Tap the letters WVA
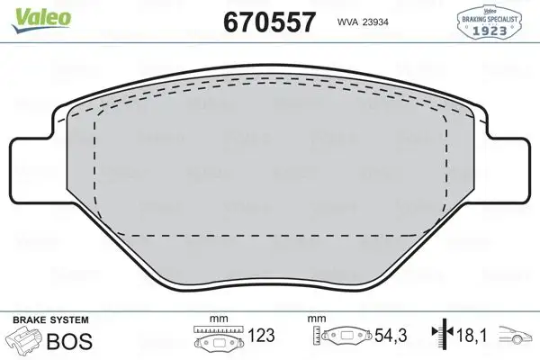click(x=346, y=22)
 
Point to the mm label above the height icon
click(x=315, y=318)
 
